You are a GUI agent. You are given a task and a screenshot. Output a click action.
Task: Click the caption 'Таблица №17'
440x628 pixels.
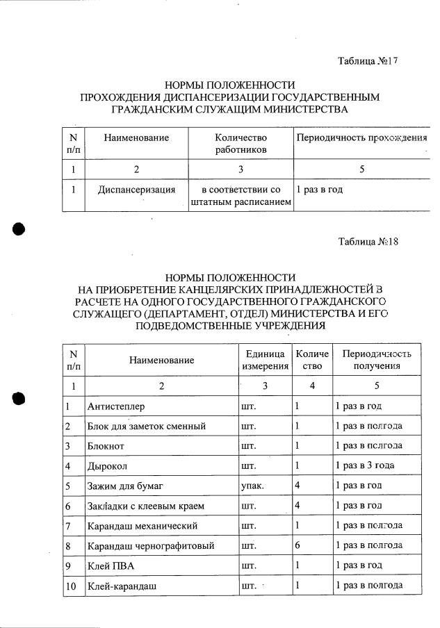(367, 62)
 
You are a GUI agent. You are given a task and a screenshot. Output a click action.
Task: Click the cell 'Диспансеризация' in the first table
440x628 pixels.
(136, 189)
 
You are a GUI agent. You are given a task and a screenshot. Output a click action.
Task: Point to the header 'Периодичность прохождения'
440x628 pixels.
(361, 138)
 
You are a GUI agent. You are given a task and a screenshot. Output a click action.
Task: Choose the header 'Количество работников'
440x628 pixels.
(241, 144)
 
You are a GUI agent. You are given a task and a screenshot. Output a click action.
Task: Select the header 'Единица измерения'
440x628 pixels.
(265, 360)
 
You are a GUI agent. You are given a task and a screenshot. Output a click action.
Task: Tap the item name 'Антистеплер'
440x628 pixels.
(116, 405)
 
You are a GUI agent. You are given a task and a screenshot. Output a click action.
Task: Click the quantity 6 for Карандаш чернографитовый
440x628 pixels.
(298, 546)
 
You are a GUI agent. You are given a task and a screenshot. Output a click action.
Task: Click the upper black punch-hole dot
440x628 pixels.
(19, 231)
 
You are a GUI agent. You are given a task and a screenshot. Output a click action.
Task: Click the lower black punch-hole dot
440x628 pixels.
(19, 397)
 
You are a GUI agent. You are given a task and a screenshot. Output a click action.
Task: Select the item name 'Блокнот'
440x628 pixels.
(106, 445)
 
